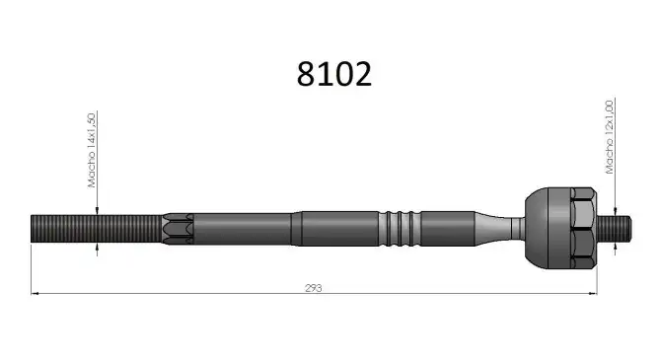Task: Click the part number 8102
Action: [334, 74]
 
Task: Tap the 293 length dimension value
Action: [314, 288]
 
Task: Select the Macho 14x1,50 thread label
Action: [92, 150]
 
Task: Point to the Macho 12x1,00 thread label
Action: [609, 137]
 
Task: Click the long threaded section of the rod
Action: [97, 229]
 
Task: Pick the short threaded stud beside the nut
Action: [614, 229]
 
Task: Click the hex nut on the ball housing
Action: [583, 228]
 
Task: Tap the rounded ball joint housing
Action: [548, 228]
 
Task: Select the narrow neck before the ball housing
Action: [518, 228]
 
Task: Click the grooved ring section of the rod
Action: [400, 228]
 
